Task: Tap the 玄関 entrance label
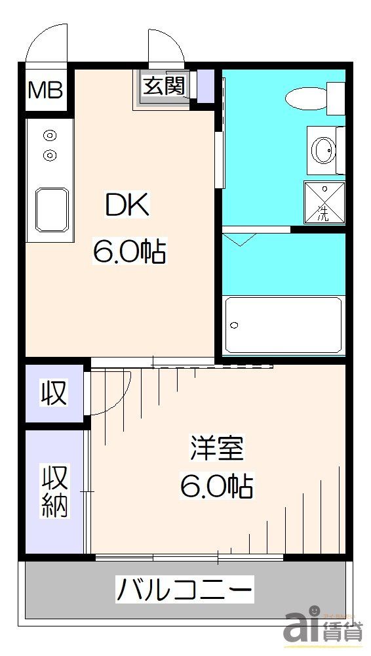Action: point(164,86)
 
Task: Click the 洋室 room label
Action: point(217,448)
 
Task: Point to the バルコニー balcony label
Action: point(184,590)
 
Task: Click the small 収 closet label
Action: point(54,392)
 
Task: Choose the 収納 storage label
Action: point(55,491)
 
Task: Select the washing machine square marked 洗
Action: point(323,203)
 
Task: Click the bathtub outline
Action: point(283,325)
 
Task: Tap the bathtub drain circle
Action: point(235,325)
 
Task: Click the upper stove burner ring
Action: point(49,136)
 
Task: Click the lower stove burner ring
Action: point(49,155)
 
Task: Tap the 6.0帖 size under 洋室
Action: point(217,486)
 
